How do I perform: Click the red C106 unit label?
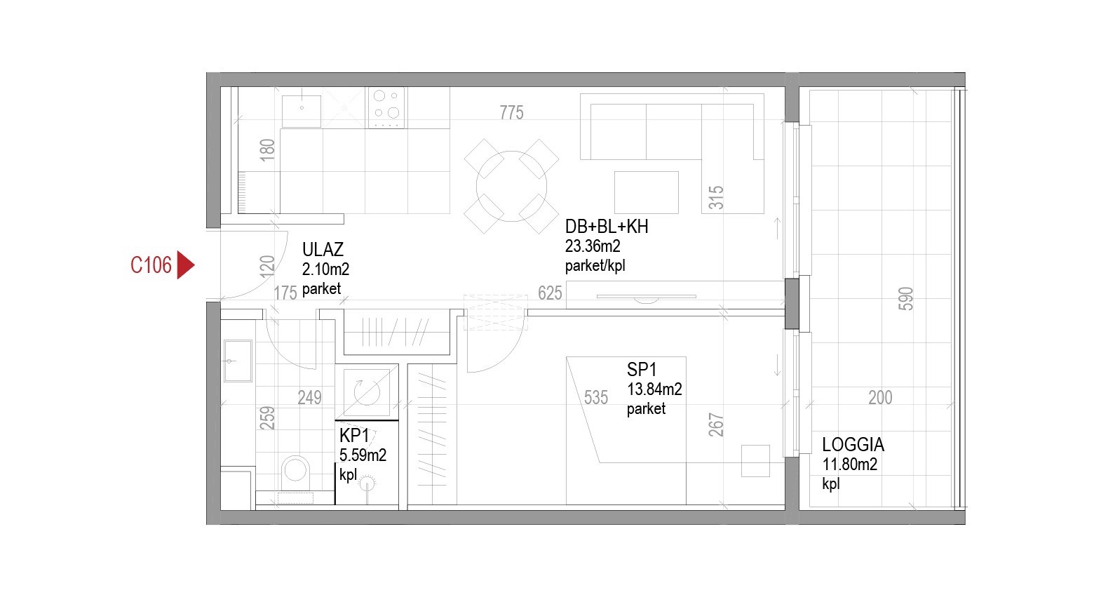(151, 265)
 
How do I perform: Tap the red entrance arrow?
(185, 265)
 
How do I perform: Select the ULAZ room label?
(323, 250)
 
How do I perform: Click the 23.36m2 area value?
(593, 246)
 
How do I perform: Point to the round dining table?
(511, 186)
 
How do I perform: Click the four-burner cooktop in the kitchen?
(386, 107)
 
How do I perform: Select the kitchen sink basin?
(302, 111)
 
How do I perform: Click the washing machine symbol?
(367, 392)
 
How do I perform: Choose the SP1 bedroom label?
(642, 370)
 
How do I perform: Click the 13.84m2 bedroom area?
(654, 389)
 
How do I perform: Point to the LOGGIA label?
(853, 445)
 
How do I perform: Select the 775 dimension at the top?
(511, 113)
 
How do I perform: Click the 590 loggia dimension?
(905, 298)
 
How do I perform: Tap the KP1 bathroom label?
(354, 435)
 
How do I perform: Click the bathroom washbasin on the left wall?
(238, 361)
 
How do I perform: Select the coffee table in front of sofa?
(646, 192)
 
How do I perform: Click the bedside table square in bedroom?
(755, 461)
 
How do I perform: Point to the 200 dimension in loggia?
(880, 398)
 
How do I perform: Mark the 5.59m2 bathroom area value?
(363, 455)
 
